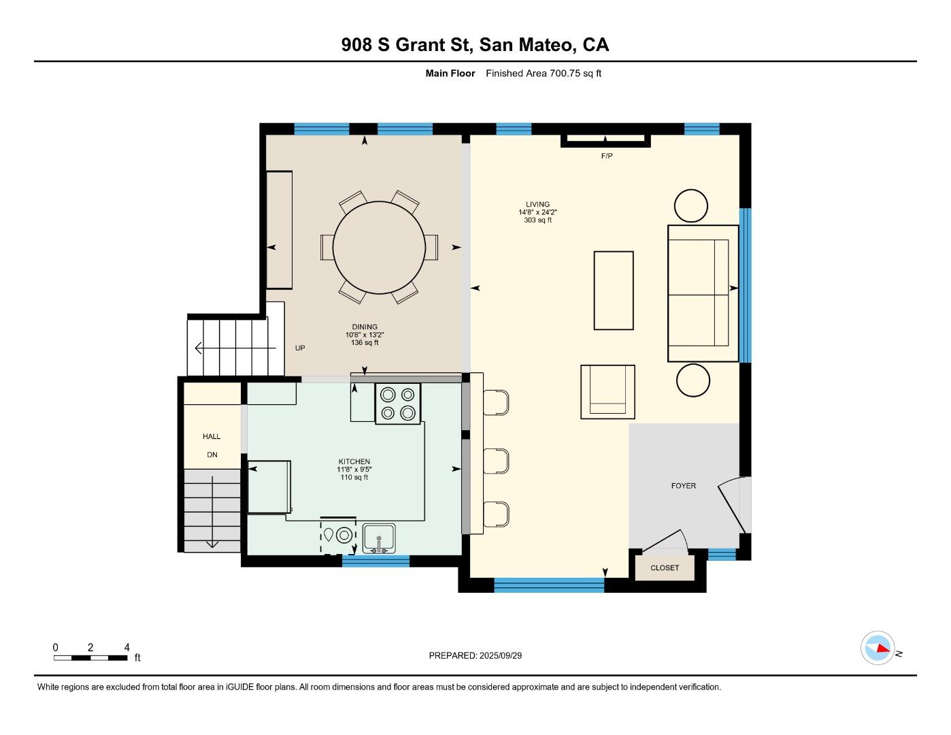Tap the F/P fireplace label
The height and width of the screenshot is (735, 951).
[607, 156]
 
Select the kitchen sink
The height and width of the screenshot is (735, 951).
[379, 538]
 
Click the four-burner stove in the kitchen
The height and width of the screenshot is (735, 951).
[398, 404]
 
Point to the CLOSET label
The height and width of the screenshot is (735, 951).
[665, 568]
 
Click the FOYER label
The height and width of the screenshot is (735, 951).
[683, 486]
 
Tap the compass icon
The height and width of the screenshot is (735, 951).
[878, 648]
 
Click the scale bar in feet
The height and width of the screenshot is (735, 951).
[91, 657]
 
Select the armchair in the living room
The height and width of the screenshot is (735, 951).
[607, 392]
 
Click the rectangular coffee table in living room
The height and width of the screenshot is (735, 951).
[614, 291]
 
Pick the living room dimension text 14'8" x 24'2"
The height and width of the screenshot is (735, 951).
[537, 212]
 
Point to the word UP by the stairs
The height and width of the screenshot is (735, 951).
[300, 348]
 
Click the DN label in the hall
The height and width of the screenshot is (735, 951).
[212, 455]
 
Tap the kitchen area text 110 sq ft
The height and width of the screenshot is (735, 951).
[354, 477]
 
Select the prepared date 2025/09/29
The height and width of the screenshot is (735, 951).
[500, 655]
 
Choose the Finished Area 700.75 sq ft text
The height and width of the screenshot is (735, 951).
[543, 73]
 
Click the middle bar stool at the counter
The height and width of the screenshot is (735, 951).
[496, 461]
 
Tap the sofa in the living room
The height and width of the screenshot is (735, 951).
[703, 293]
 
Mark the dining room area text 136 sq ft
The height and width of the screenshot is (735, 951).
[365, 342]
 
